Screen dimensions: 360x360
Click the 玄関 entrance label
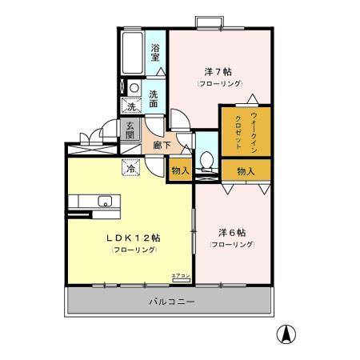coord(130,130)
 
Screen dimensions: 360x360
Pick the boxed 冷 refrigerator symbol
coord(130,169)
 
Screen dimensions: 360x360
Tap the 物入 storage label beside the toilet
coord(180,170)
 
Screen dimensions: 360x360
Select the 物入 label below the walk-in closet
coord(246,170)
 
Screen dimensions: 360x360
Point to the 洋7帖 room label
coord(218,71)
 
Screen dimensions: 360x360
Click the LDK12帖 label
coord(134,238)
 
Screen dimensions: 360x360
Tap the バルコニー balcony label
coord(172,302)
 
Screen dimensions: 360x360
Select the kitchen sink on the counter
coord(104,200)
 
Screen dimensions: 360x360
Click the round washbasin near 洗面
coord(134,88)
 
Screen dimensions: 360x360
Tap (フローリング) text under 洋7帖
coord(218,84)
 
